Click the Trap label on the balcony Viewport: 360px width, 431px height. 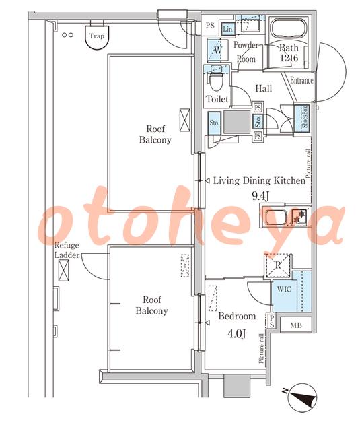tap(97, 36)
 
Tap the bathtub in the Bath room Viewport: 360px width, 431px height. tap(288, 30)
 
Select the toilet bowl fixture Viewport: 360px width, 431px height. tap(216, 80)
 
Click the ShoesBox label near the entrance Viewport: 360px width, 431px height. tap(305, 118)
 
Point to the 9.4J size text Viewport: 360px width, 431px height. tap(260, 196)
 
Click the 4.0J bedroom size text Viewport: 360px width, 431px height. tap(236, 334)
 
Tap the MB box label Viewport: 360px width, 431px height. tap(296, 325)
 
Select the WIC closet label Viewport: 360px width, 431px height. tap(284, 289)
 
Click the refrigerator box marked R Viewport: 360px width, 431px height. tap(278, 265)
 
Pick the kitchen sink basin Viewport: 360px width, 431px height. tap(275, 216)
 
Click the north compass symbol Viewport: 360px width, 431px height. tap(301, 397)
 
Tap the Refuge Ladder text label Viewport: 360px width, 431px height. tap(67, 250)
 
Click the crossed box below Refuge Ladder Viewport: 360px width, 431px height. tap(63, 271)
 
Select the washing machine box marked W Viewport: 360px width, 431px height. tap(218, 50)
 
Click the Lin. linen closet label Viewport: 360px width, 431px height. tap(228, 29)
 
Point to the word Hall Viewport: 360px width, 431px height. tap(264, 88)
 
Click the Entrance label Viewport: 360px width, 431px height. tap(301, 80)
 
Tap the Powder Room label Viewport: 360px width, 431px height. tap(246, 52)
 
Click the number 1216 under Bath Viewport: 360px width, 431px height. tap(289, 58)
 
